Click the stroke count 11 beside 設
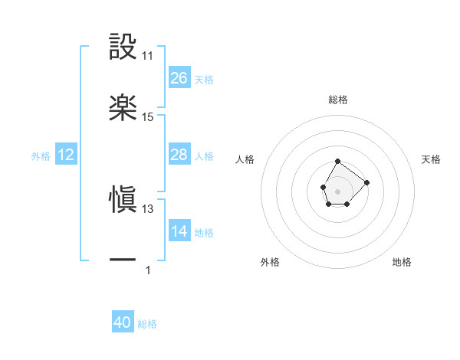point(148,56)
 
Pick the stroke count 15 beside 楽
point(148,117)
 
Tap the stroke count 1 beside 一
point(148,270)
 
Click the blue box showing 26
point(179,78)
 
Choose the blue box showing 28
point(179,155)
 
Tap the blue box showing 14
point(179,231)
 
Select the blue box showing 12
point(66,155)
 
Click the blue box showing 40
point(123,323)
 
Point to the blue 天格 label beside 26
point(204,79)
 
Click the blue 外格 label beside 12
point(41,155)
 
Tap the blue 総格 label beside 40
point(147,324)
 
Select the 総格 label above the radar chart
point(338,100)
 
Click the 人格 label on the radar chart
point(245,159)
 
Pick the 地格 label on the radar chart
point(402,262)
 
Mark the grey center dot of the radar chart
point(337,190)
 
